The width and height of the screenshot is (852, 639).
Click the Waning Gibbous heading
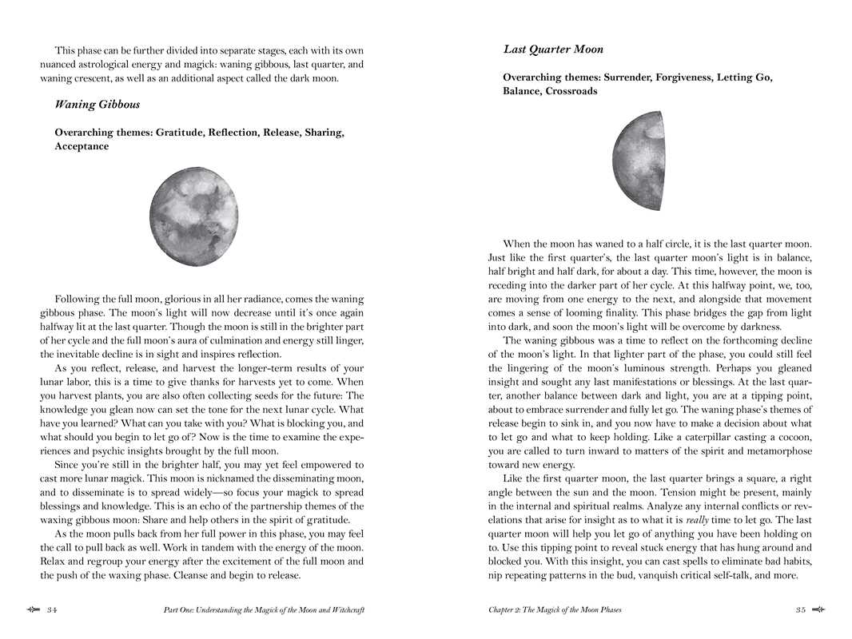click(x=97, y=105)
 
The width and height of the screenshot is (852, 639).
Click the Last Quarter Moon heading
click(x=553, y=50)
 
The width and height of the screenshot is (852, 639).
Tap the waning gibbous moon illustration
click(x=193, y=216)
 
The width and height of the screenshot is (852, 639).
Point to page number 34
click(x=52, y=610)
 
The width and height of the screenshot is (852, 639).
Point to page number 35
click(x=800, y=610)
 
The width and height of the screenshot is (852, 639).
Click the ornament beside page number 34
click(x=33, y=609)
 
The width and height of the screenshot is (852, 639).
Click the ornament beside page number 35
click(x=818, y=609)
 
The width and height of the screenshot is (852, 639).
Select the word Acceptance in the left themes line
click(x=82, y=147)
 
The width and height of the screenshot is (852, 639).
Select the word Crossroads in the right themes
click(x=571, y=92)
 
